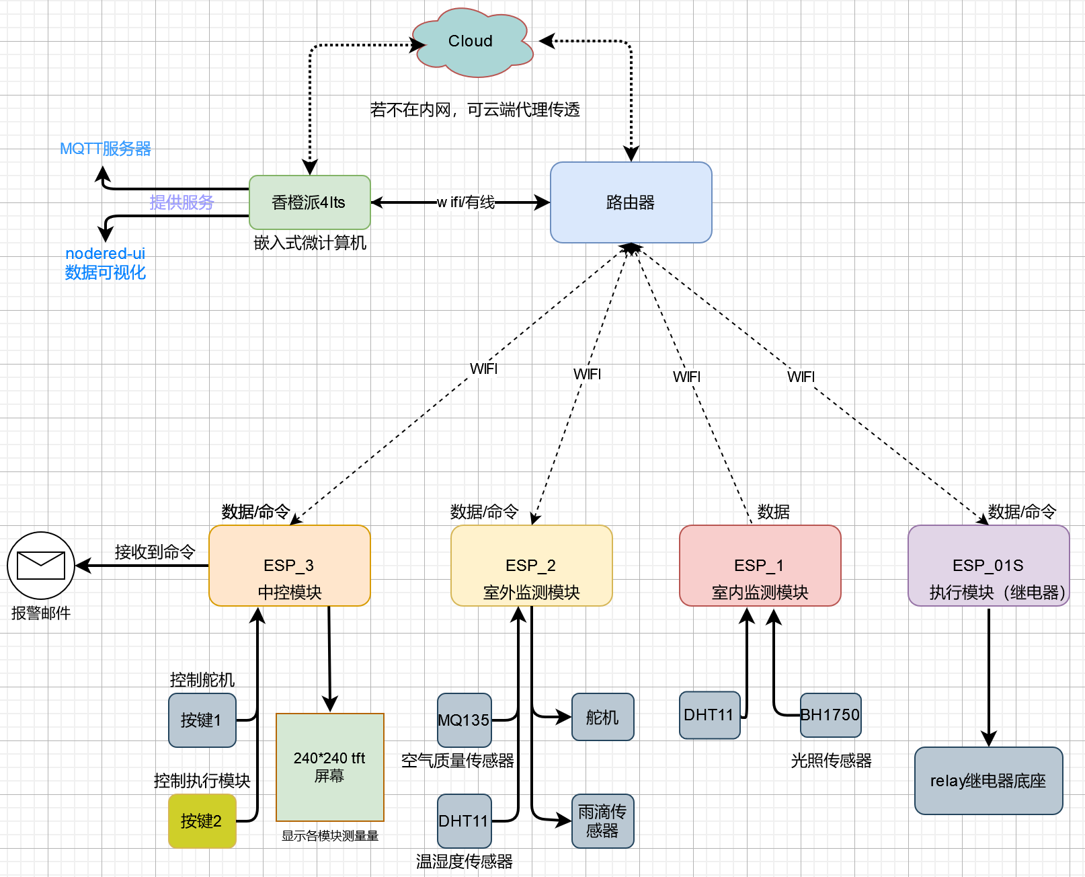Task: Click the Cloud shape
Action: pos(471,42)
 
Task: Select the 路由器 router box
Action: pos(631,202)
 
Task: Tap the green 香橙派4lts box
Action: pos(309,202)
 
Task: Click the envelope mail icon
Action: pos(40,566)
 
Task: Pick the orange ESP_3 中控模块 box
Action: pos(290,566)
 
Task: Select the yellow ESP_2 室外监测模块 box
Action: pos(531,566)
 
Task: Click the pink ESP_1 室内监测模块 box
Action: pos(760,566)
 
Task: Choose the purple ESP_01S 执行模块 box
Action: pos(988,566)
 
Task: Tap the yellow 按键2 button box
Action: pos(202,821)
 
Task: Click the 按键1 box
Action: pos(202,720)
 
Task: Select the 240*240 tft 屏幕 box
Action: pos(329,767)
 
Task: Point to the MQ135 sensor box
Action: pos(464,720)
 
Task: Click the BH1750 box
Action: pos(830,715)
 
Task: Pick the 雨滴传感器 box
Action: pos(602,821)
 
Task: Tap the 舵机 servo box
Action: pos(602,718)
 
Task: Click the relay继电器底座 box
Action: pos(988,781)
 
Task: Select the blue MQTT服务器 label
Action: pos(106,149)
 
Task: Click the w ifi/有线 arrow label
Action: pos(466,202)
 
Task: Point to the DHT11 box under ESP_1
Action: pos(709,715)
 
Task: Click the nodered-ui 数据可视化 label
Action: pos(106,263)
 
